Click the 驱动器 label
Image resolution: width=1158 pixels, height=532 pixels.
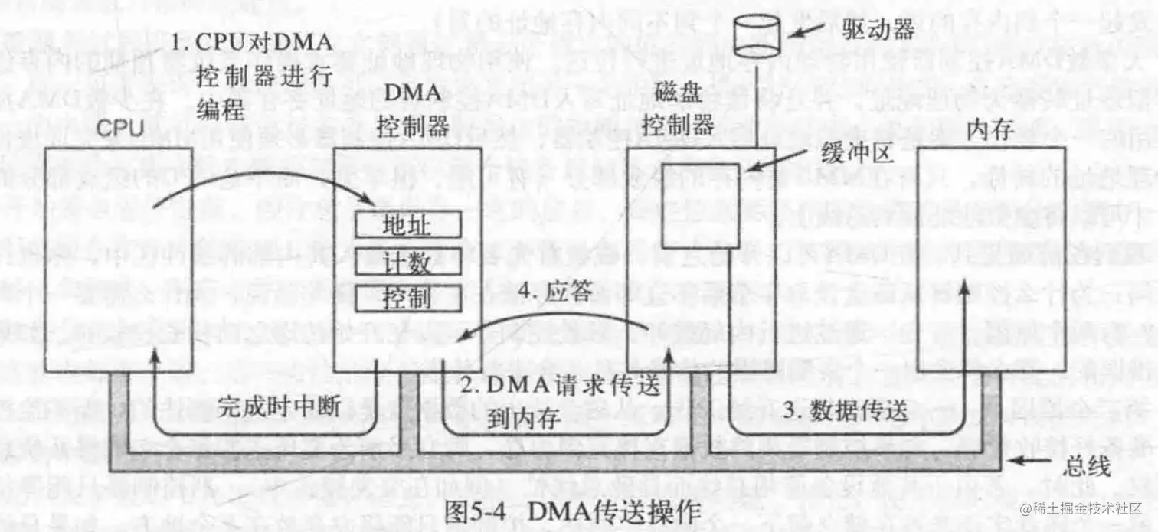coord(880,31)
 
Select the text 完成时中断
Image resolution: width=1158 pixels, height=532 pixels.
coord(280,406)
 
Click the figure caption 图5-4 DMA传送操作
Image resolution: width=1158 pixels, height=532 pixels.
coord(573,511)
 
